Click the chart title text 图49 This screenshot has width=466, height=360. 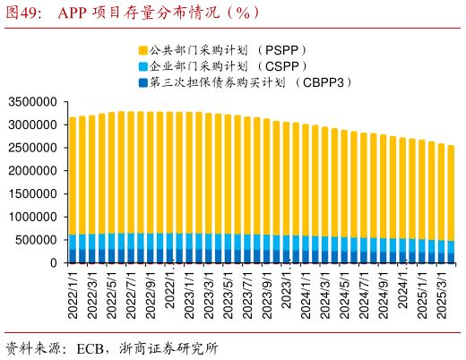(27, 13)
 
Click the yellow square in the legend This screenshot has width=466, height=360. (142, 51)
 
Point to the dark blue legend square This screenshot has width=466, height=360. (142, 83)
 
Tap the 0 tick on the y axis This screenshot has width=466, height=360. (58, 263)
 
